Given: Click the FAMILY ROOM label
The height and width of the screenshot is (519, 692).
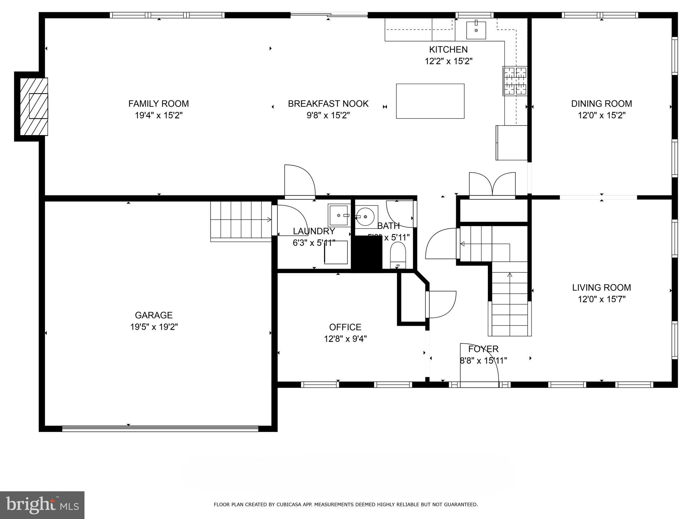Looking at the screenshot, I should (x=158, y=103).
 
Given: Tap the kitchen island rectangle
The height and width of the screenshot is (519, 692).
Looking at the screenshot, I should (x=430, y=101).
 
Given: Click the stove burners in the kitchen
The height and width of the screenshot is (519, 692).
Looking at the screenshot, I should (x=515, y=81).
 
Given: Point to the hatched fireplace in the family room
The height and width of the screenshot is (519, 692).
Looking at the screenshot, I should (x=34, y=106).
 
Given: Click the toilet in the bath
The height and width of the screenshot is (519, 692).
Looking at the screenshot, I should (x=398, y=255).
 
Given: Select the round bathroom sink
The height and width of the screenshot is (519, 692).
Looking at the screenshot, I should (x=365, y=216).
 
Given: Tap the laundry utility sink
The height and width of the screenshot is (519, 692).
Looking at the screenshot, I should (x=338, y=215).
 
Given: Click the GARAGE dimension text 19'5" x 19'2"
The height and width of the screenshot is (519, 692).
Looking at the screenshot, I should (x=154, y=327).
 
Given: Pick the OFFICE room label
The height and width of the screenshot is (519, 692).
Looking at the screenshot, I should (x=345, y=327).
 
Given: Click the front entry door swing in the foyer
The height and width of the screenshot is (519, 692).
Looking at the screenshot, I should (x=479, y=363).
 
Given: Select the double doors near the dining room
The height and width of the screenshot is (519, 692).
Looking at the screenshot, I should (x=492, y=185).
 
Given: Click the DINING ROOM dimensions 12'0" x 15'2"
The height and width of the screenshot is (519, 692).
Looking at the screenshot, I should (x=601, y=115).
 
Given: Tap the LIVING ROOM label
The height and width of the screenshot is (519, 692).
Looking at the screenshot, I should (x=601, y=287).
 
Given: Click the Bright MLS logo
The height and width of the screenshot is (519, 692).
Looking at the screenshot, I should (x=42, y=505).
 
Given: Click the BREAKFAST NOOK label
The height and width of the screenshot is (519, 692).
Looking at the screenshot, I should (x=328, y=103).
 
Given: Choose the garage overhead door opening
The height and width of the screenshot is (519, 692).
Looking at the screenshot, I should (x=160, y=428).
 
